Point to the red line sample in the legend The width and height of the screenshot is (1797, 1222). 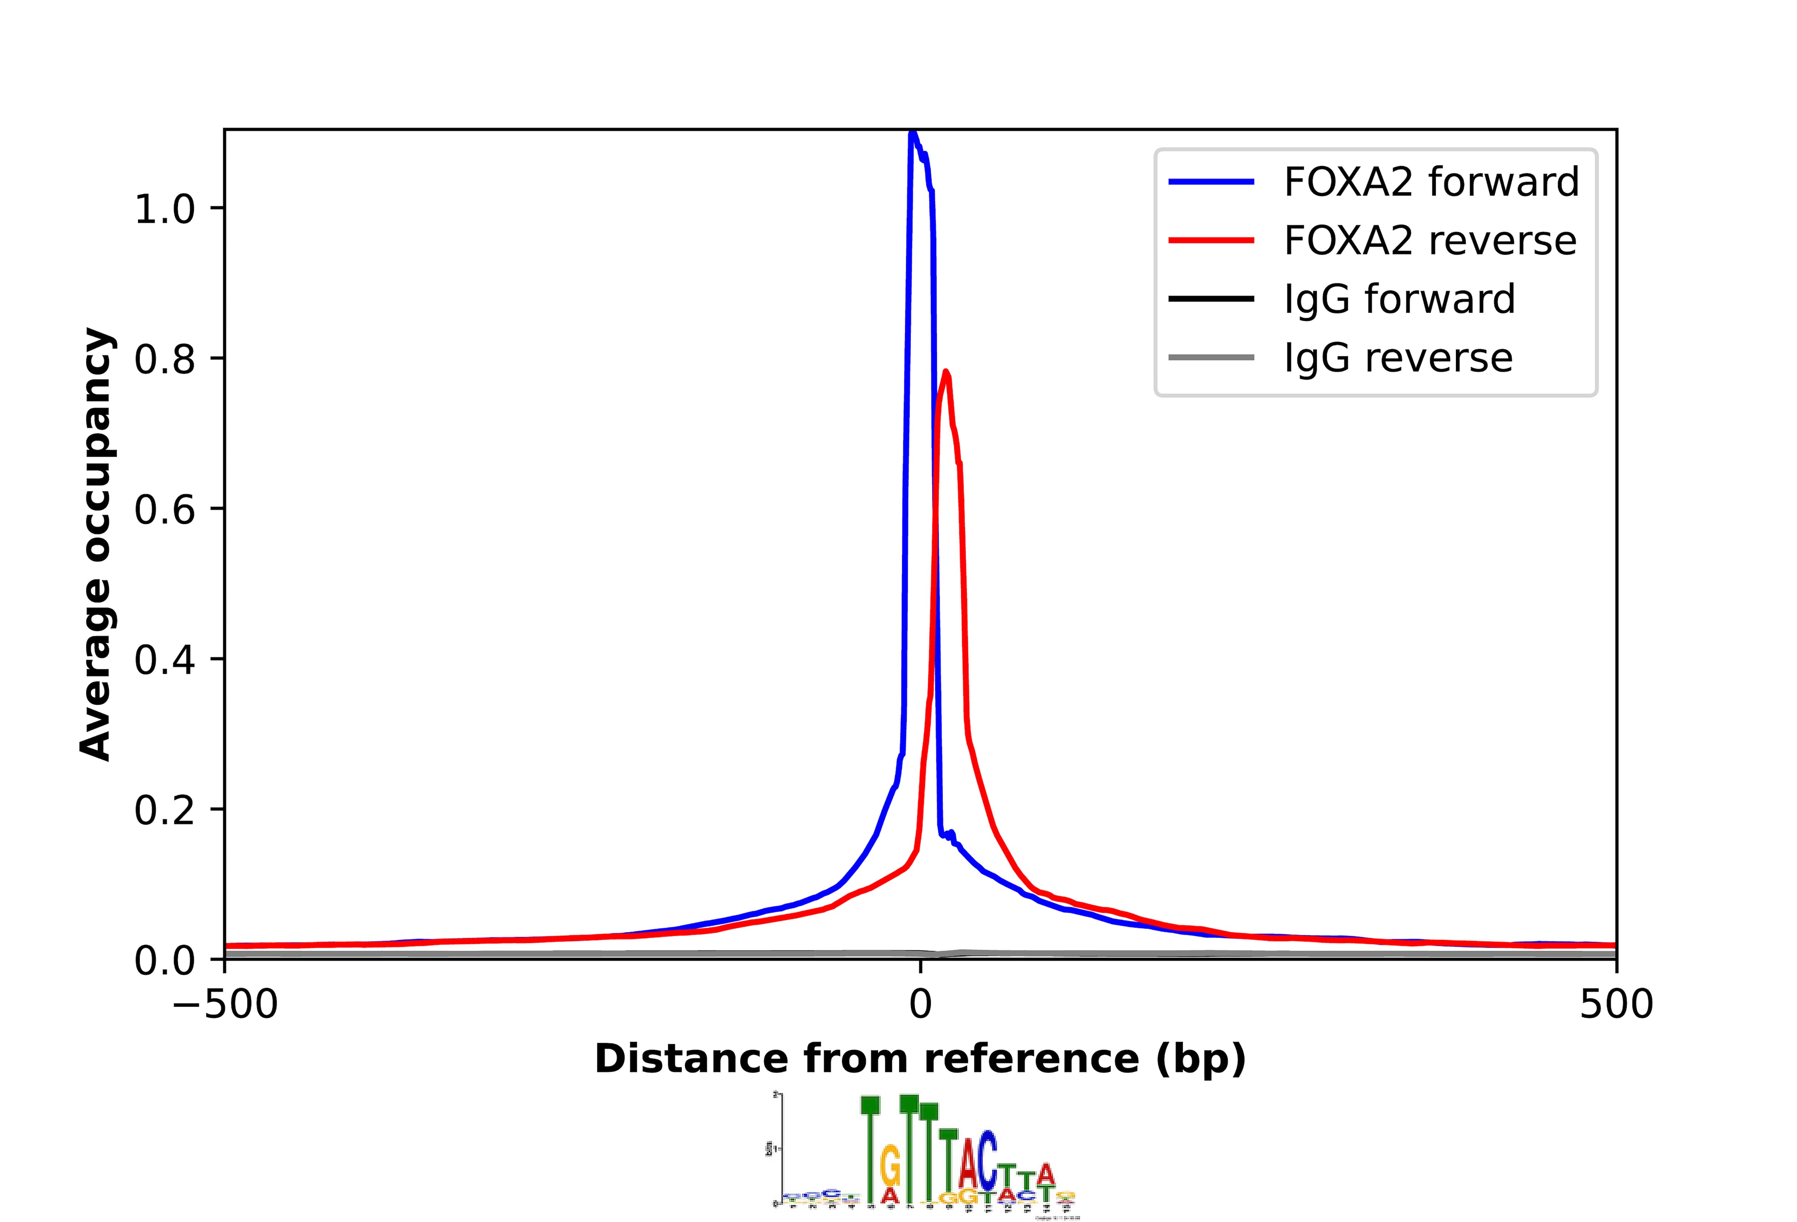(1211, 240)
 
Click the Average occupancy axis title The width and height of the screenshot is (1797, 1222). (97, 544)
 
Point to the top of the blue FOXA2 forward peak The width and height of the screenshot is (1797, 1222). (913, 133)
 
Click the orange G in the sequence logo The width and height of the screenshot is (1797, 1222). (891, 1164)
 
